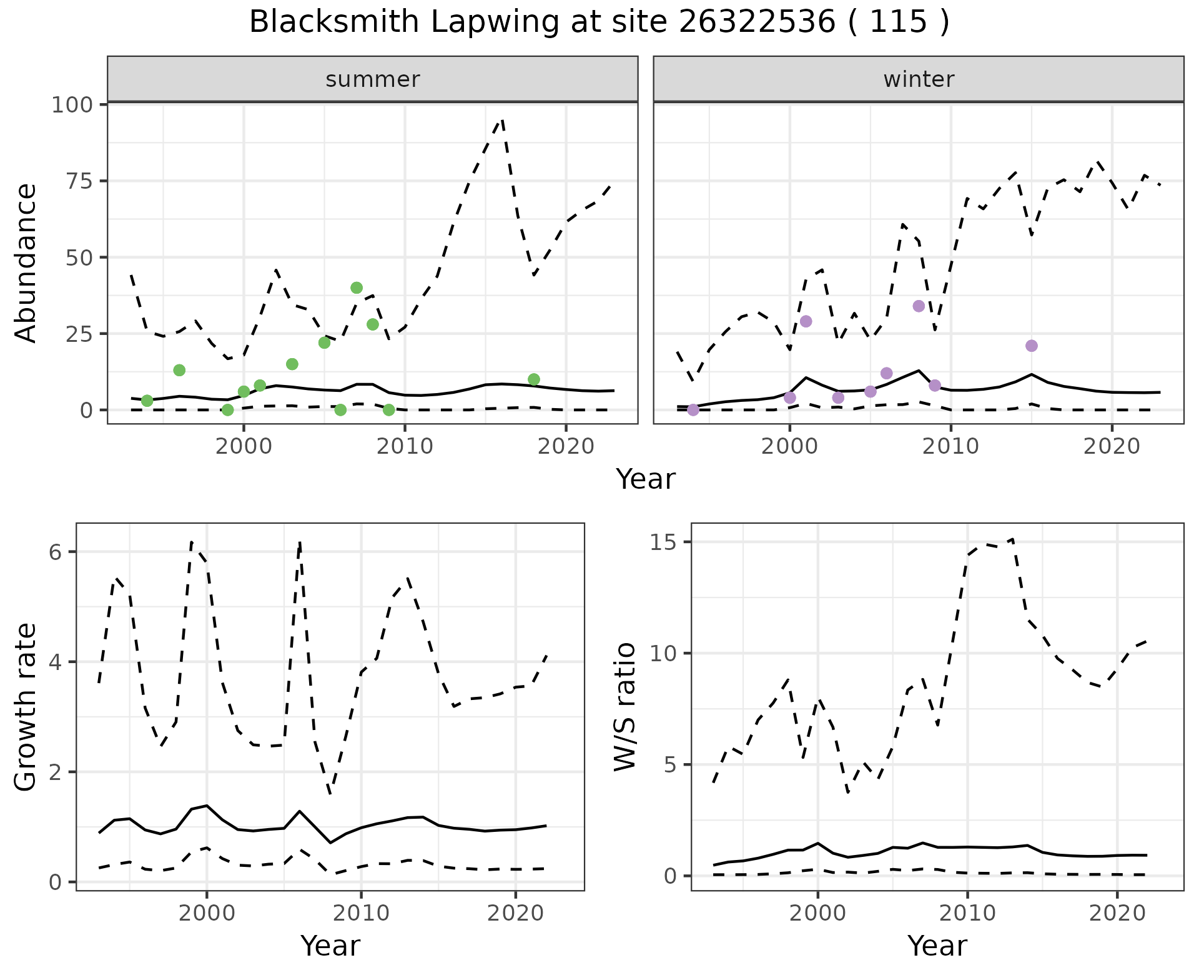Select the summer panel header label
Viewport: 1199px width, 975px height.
click(x=373, y=79)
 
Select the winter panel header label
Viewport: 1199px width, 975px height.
click(x=919, y=79)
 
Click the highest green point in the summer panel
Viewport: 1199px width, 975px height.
click(x=357, y=287)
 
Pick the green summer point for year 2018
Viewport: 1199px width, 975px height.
click(x=533, y=379)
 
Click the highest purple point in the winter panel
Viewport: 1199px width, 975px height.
click(x=919, y=306)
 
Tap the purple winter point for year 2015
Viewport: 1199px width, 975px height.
click(x=1032, y=346)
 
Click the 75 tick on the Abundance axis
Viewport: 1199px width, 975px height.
click(x=80, y=181)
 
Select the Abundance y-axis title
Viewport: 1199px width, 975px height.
click(x=26, y=263)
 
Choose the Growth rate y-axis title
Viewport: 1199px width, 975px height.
click(x=26, y=707)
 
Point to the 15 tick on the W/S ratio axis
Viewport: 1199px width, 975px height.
click(x=666, y=542)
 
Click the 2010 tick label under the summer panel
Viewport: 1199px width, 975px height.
click(x=405, y=446)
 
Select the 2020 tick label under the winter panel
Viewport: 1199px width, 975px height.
click(x=1112, y=446)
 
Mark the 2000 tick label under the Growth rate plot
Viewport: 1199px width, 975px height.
click(x=207, y=913)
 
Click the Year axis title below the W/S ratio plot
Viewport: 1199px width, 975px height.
click(x=937, y=946)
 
